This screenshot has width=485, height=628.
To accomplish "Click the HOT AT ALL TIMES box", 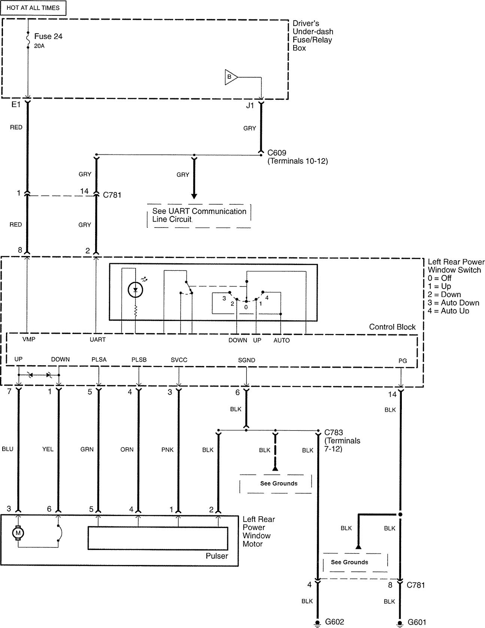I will (33, 8).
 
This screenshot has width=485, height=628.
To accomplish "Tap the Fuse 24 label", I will (48, 37).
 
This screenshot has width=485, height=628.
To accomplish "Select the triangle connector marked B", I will (230, 77).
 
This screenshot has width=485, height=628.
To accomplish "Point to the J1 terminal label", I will (250, 106).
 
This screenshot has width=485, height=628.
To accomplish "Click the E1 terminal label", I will (16, 105).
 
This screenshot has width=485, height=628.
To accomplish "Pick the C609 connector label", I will (277, 153).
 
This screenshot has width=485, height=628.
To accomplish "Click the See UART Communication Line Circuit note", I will (199, 216).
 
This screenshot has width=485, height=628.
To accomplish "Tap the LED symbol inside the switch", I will (135, 289).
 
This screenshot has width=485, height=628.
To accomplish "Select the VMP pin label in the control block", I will (29, 339).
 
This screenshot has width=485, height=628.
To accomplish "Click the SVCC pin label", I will (179, 360).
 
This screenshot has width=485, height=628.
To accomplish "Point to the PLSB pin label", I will (139, 360).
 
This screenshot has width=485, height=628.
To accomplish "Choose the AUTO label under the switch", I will (281, 340).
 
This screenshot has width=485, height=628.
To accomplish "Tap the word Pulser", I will (216, 556).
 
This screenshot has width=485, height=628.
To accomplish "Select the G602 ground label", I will (334, 622).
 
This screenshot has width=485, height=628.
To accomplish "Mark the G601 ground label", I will (417, 622).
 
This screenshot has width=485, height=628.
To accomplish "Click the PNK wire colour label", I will (167, 450).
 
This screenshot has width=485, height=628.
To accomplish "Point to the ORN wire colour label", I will (127, 450).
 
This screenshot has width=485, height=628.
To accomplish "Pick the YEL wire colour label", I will (48, 449).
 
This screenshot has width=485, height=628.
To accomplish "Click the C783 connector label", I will (334, 432).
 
